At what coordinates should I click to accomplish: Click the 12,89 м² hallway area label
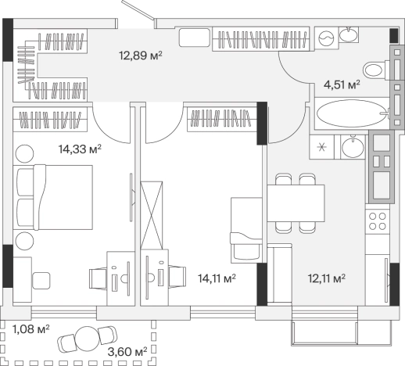[141, 56]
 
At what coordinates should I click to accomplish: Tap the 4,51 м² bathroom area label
[342, 84]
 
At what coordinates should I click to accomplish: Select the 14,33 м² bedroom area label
[80, 149]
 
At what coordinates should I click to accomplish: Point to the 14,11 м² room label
[217, 278]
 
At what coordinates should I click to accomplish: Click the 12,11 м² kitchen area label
[327, 278]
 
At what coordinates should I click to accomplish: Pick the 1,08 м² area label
[31, 329]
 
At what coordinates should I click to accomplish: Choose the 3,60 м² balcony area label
[127, 352]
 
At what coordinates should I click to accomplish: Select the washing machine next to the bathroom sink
[326, 38]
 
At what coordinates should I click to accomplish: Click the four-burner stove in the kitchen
[377, 221]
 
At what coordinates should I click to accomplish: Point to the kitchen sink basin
[353, 147]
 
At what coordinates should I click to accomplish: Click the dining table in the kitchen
[296, 203]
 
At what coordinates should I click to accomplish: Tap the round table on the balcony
[87, 339]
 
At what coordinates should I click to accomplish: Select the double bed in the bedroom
[54, 197]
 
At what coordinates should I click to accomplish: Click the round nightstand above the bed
[24, 154]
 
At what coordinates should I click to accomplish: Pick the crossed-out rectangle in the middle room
[152, 215]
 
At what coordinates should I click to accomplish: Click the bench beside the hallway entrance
[195, 38]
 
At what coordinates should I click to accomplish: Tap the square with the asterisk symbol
[321, 147]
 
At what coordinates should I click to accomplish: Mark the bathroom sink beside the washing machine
[349, 34]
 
